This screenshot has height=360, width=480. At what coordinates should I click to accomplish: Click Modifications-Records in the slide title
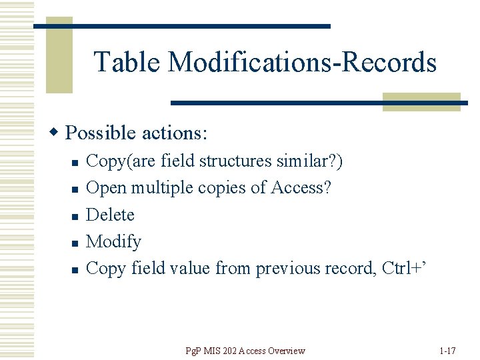[x=302, y=63]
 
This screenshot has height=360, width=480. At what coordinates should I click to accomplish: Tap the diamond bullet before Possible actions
[x=57, y=133]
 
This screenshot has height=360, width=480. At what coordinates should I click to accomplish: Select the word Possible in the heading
[x=101, y=133]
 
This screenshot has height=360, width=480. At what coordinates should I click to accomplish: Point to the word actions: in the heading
[x=175, y=133]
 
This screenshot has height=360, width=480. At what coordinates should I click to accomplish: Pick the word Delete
[x=111, y=215]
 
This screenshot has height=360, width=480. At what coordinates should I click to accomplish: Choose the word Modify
[x=114, y=242]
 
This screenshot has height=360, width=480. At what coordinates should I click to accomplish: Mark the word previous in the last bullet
[x=288, y=268]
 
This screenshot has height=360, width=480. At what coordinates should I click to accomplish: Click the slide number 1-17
[x=448, y=351]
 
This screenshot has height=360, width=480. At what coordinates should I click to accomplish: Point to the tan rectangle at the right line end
[x=421, y=101]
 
